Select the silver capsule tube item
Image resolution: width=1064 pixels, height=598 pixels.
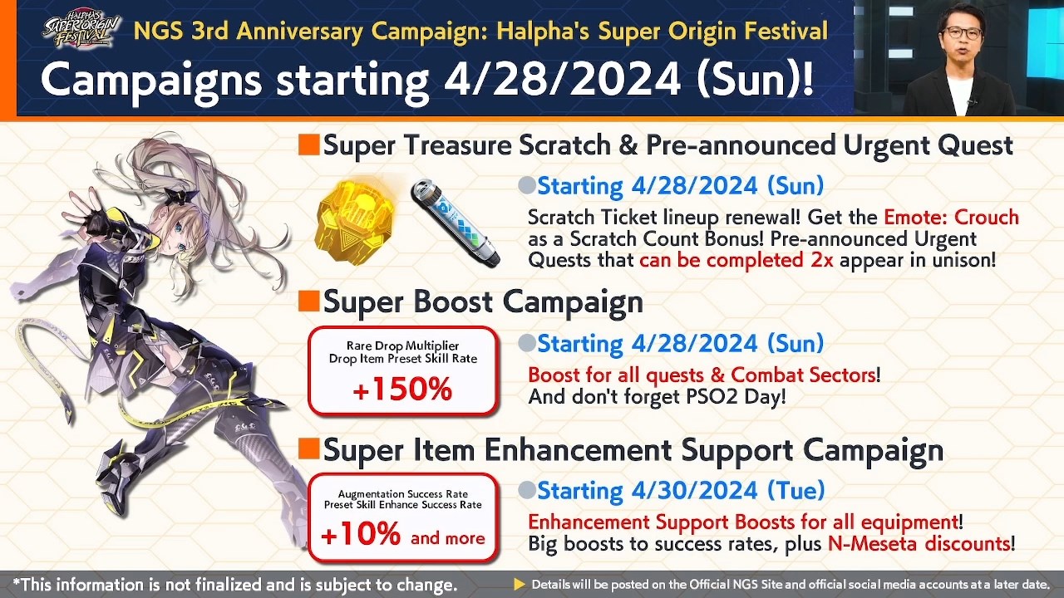(x=455, y=223)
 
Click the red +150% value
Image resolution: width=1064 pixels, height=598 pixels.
(x=402, y=390)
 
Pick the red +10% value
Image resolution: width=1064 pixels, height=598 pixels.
(x=361, y=536)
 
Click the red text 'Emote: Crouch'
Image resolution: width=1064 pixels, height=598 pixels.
(x=951, y=218)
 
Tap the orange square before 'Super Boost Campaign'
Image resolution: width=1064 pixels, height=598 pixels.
(x=308, y=301)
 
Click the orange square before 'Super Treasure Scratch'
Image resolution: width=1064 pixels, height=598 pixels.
(x=308, y=145)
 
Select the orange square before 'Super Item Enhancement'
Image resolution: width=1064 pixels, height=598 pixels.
(x=308, y=449)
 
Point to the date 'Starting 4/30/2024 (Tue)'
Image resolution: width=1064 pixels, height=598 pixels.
(x=680, y=491)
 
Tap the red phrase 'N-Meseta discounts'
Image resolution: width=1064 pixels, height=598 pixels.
(x=918, y=545)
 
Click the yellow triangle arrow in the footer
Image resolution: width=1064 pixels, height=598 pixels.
(x=520, y=585)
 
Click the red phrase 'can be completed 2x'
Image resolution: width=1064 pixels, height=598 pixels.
(x=736, y=259)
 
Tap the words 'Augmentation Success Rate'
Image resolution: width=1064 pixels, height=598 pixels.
(x=402, y=494)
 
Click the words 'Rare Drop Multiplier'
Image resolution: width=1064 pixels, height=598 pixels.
(x=402, y=346)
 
